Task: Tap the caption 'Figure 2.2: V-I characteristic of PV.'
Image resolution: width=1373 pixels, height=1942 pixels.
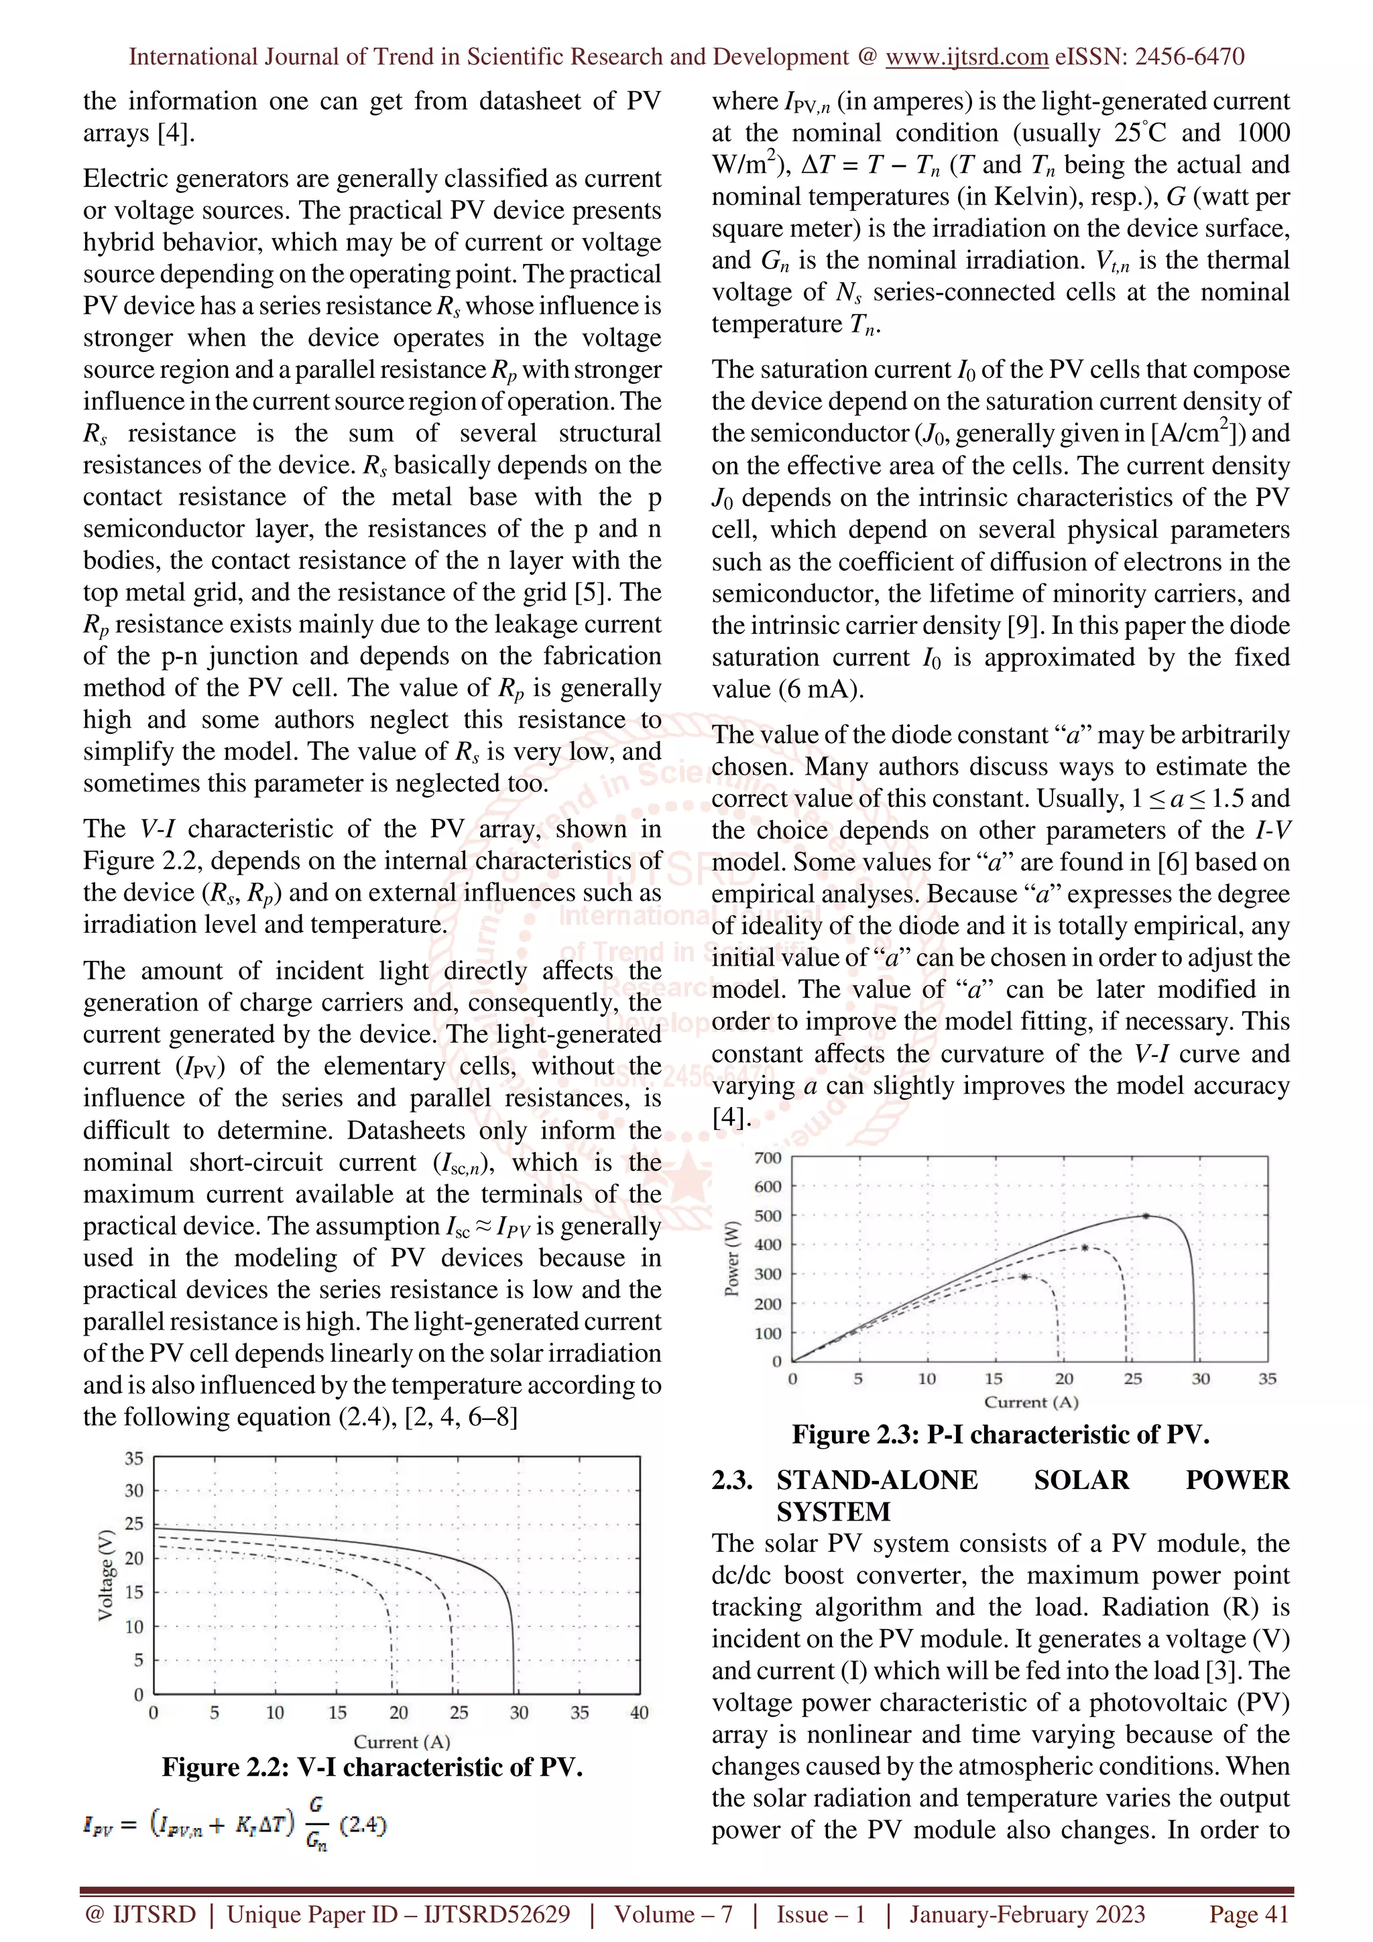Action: pyautogui.click(x=372, y=1767)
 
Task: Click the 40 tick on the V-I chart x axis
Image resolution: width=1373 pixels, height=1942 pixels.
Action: pyautogui.click(x=640, y=1713)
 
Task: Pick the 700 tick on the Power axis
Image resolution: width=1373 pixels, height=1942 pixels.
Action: pyautogui.click(x=768, y=1157)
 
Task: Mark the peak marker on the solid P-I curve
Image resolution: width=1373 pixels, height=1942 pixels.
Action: pyautogui.click(x=1146, y=1216)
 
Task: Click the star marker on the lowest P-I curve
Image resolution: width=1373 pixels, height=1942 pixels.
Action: pyautogui.click(x=1024, y=1277)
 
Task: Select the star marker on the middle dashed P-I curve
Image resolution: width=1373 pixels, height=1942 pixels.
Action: pyautogui.click(x=1085, y=1248)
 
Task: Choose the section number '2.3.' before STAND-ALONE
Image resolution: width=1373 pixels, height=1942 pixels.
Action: pyautogui.click(x=733, y=1480)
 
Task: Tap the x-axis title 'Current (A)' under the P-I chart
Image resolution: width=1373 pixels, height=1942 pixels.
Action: pyautogui.click(x=1030, y=1403)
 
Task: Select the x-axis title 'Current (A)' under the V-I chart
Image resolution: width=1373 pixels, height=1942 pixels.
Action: pyautogui.click(x=401, y=1742)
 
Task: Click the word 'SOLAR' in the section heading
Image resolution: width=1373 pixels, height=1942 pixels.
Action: pyautogui.click(x=1081, y=1480)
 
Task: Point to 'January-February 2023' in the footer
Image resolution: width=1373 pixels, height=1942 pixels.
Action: pyautogui.click(x=1026, y=1914)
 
